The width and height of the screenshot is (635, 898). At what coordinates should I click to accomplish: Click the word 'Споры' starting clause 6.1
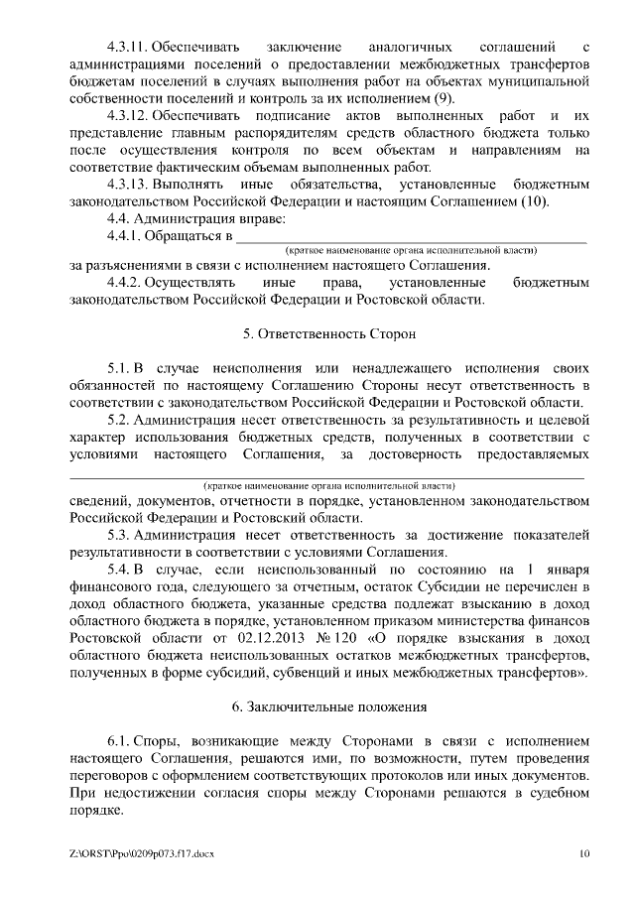click(162, 741)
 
